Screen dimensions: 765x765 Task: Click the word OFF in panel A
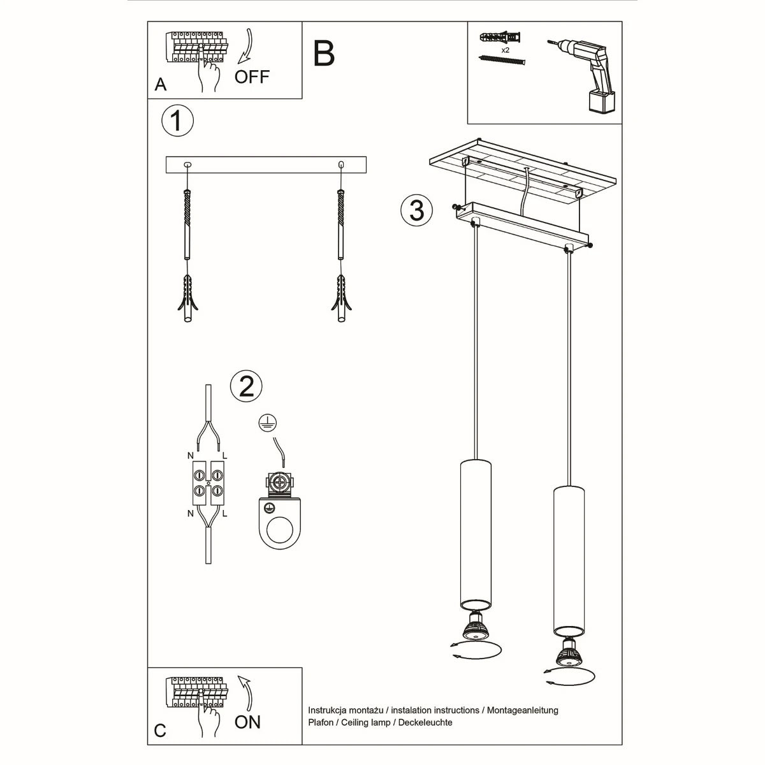(x=252, y=77)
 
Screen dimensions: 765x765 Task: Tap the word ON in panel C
(x=247, y=722)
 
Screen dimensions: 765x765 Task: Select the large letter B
(x=324, y=54)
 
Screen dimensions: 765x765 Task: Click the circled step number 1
(x=177, y=121)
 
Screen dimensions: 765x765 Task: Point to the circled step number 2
(x=246, y=386)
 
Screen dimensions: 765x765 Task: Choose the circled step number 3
(x=417, y=210)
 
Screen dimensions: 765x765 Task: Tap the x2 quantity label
(x=505, y=50)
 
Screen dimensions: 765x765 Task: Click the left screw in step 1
(x=187, y=223)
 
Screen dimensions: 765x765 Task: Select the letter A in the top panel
(x=161, y=85)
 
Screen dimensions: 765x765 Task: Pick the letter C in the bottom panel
(x=160, y=730)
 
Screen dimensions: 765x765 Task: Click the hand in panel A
(x=207, y=75)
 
